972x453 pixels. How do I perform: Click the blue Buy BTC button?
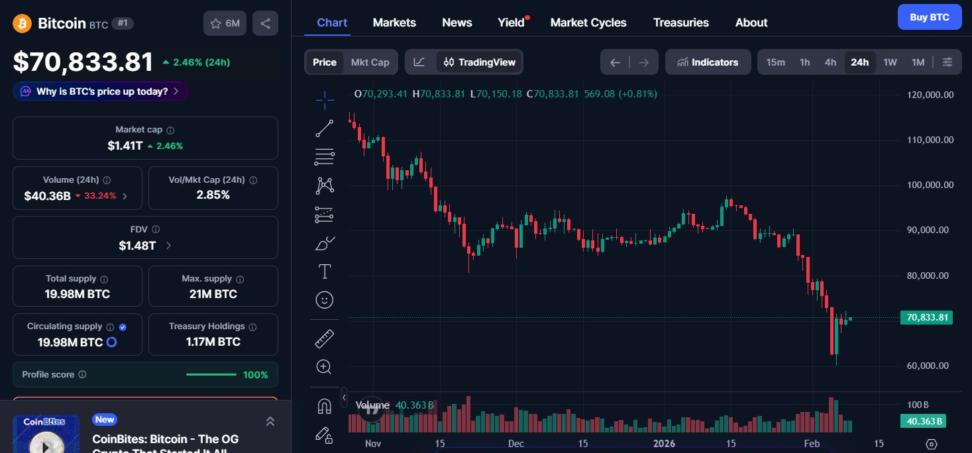pos(929,17)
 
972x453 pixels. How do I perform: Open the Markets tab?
pos(394,23)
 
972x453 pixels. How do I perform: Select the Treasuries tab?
pos(680,23)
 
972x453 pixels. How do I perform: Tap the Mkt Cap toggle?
pos(370,62)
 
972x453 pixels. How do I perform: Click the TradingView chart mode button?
pos(479,62)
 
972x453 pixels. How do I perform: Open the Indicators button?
pos(708,62)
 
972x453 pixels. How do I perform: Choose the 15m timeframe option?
pos(775,62)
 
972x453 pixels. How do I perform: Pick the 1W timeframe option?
pos(890,62)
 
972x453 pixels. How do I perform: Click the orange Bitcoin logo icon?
pos(23,23)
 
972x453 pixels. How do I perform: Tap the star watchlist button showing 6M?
pos(225,23)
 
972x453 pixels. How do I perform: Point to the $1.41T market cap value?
pos(125,146)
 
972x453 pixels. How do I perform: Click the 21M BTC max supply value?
pos(213,294)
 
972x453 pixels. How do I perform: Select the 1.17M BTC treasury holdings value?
pos(213,342)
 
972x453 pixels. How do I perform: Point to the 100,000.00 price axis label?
pos(930,185)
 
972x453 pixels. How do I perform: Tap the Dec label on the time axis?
pos(515,444)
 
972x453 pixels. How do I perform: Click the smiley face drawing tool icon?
pos(324,300)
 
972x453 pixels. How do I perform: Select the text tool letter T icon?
pos(324,271)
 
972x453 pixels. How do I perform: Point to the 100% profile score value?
pos(255,375)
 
